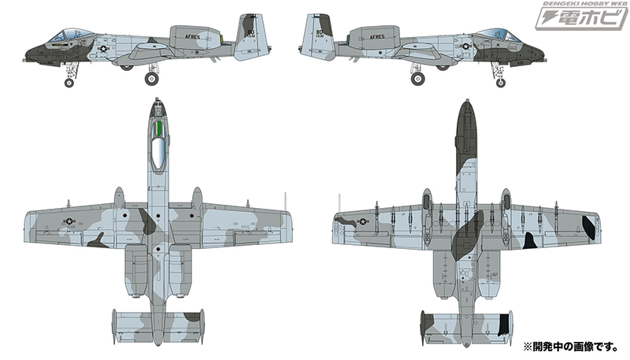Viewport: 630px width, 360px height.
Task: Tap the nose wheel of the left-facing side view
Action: (x=70, y=82)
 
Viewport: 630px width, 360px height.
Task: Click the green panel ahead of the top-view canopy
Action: (x=159, y=128)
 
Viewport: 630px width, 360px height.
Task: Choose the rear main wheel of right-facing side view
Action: (x=417, y=78)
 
